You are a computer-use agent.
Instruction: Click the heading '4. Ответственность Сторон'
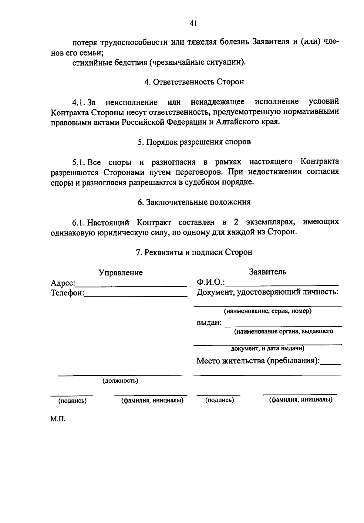[194, 82]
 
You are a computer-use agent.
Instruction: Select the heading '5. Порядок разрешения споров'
[194, 142]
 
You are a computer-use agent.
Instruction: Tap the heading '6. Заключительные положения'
[194, 202]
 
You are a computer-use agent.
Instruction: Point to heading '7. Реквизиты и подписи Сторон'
[194, 252]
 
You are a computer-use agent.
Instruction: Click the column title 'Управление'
[121, 272]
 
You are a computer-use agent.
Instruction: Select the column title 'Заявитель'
[268, 272]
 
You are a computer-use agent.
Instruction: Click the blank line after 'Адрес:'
[131, 285]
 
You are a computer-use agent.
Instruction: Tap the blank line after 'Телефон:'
[136, 295]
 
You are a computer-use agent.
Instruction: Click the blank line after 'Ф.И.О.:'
[282, 284]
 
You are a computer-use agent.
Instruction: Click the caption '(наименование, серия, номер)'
[268, 311]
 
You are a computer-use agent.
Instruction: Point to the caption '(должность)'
[120, 381]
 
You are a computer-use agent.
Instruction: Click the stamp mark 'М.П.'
[58, 420]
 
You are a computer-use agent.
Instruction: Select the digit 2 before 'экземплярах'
[236, 222]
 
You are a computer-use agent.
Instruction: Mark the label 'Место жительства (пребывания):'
[258, 361]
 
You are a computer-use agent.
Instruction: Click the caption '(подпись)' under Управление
[72, 401]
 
